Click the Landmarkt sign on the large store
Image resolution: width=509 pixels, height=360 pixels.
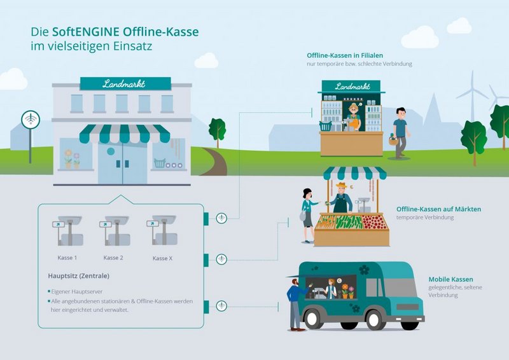[125, 83]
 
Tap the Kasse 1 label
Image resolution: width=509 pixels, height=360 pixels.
[67, 258]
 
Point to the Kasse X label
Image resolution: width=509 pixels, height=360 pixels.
[162, 258]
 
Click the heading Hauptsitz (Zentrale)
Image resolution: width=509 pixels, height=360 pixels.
[78, 276]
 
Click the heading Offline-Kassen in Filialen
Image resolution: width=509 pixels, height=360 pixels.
[345, 55]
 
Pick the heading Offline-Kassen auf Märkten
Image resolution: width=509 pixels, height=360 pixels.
[438, 209]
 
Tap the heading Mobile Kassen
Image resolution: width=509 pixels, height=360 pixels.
[450, 279]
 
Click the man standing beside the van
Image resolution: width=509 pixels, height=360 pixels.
[295, 303]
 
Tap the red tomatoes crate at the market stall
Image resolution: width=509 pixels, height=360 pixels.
[374, 222]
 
